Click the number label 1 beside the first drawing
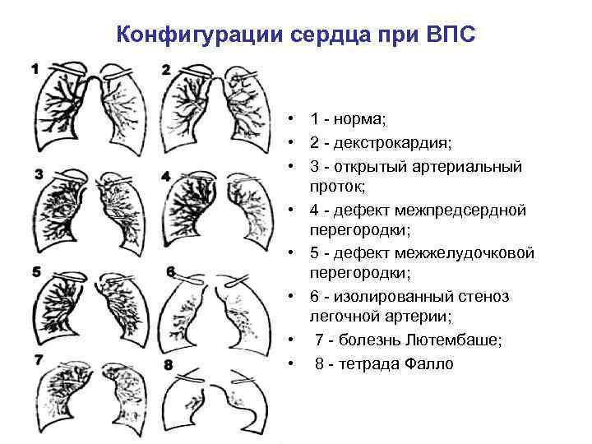(x=35, y=69)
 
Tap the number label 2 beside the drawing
(x=166, y=69)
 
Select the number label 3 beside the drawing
(x=38, y=173)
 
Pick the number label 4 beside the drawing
(x=166, y=176)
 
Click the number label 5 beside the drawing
(x=35, y=271)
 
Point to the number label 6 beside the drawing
(x=170, y=271)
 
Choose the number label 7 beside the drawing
(x=37, y=358)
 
